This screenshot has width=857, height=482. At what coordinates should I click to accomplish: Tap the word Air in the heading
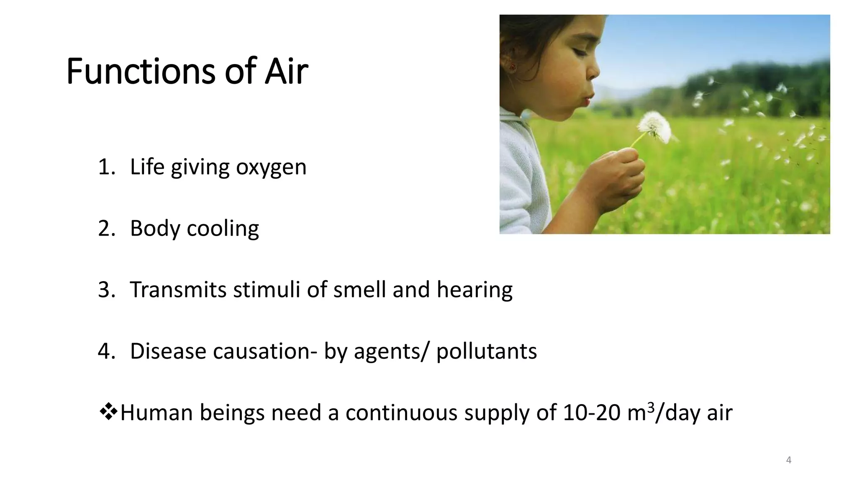[x=287, y=72]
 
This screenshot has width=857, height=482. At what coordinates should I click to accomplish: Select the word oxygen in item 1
[x=271, y=167]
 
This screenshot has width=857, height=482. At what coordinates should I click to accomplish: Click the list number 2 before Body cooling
[x=104, y=229]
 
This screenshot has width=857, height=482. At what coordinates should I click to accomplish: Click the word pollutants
[x=487, y=351]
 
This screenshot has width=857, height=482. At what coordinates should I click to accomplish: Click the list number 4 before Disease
[x=104, y=351]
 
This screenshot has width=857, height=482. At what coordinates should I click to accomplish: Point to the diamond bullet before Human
[x=108, y=412]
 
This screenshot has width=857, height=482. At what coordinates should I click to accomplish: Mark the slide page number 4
[x=789, y=460]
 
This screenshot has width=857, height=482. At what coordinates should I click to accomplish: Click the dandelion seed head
[x=654, y=126]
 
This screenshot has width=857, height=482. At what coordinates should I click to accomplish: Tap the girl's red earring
[x=511, y=66]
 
